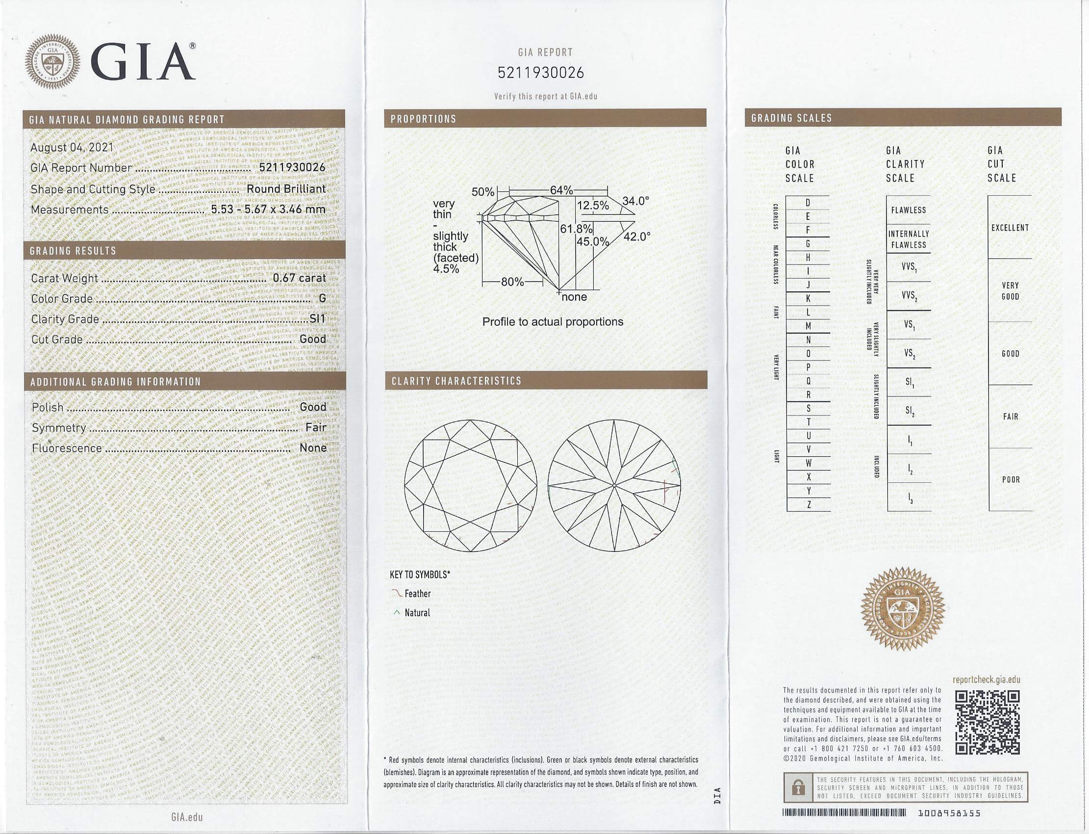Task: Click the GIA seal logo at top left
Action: pos(52,61)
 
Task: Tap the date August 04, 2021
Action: pos(72,148)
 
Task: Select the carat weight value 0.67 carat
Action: pos(299,278)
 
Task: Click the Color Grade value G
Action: pos(323,298)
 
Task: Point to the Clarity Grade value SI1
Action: pos(318,319)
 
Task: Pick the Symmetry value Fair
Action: pos(316,427)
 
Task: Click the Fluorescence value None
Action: pos(313,448)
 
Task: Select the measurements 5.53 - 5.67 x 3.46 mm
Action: pos(268,209)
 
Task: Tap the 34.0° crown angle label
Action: pos(635,201)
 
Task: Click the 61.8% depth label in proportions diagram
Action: pos(576,229)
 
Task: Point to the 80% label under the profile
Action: pos(512,282)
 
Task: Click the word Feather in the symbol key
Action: pos(418,594)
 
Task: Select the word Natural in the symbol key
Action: pos(417,613)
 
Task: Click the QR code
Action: pos(988,723)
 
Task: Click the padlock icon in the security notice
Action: pos(798,787)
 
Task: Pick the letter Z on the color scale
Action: pos(809,505)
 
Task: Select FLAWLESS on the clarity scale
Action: pos(909,210)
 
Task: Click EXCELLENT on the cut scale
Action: pos(1010,228)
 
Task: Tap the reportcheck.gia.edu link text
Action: pos(987,680)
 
